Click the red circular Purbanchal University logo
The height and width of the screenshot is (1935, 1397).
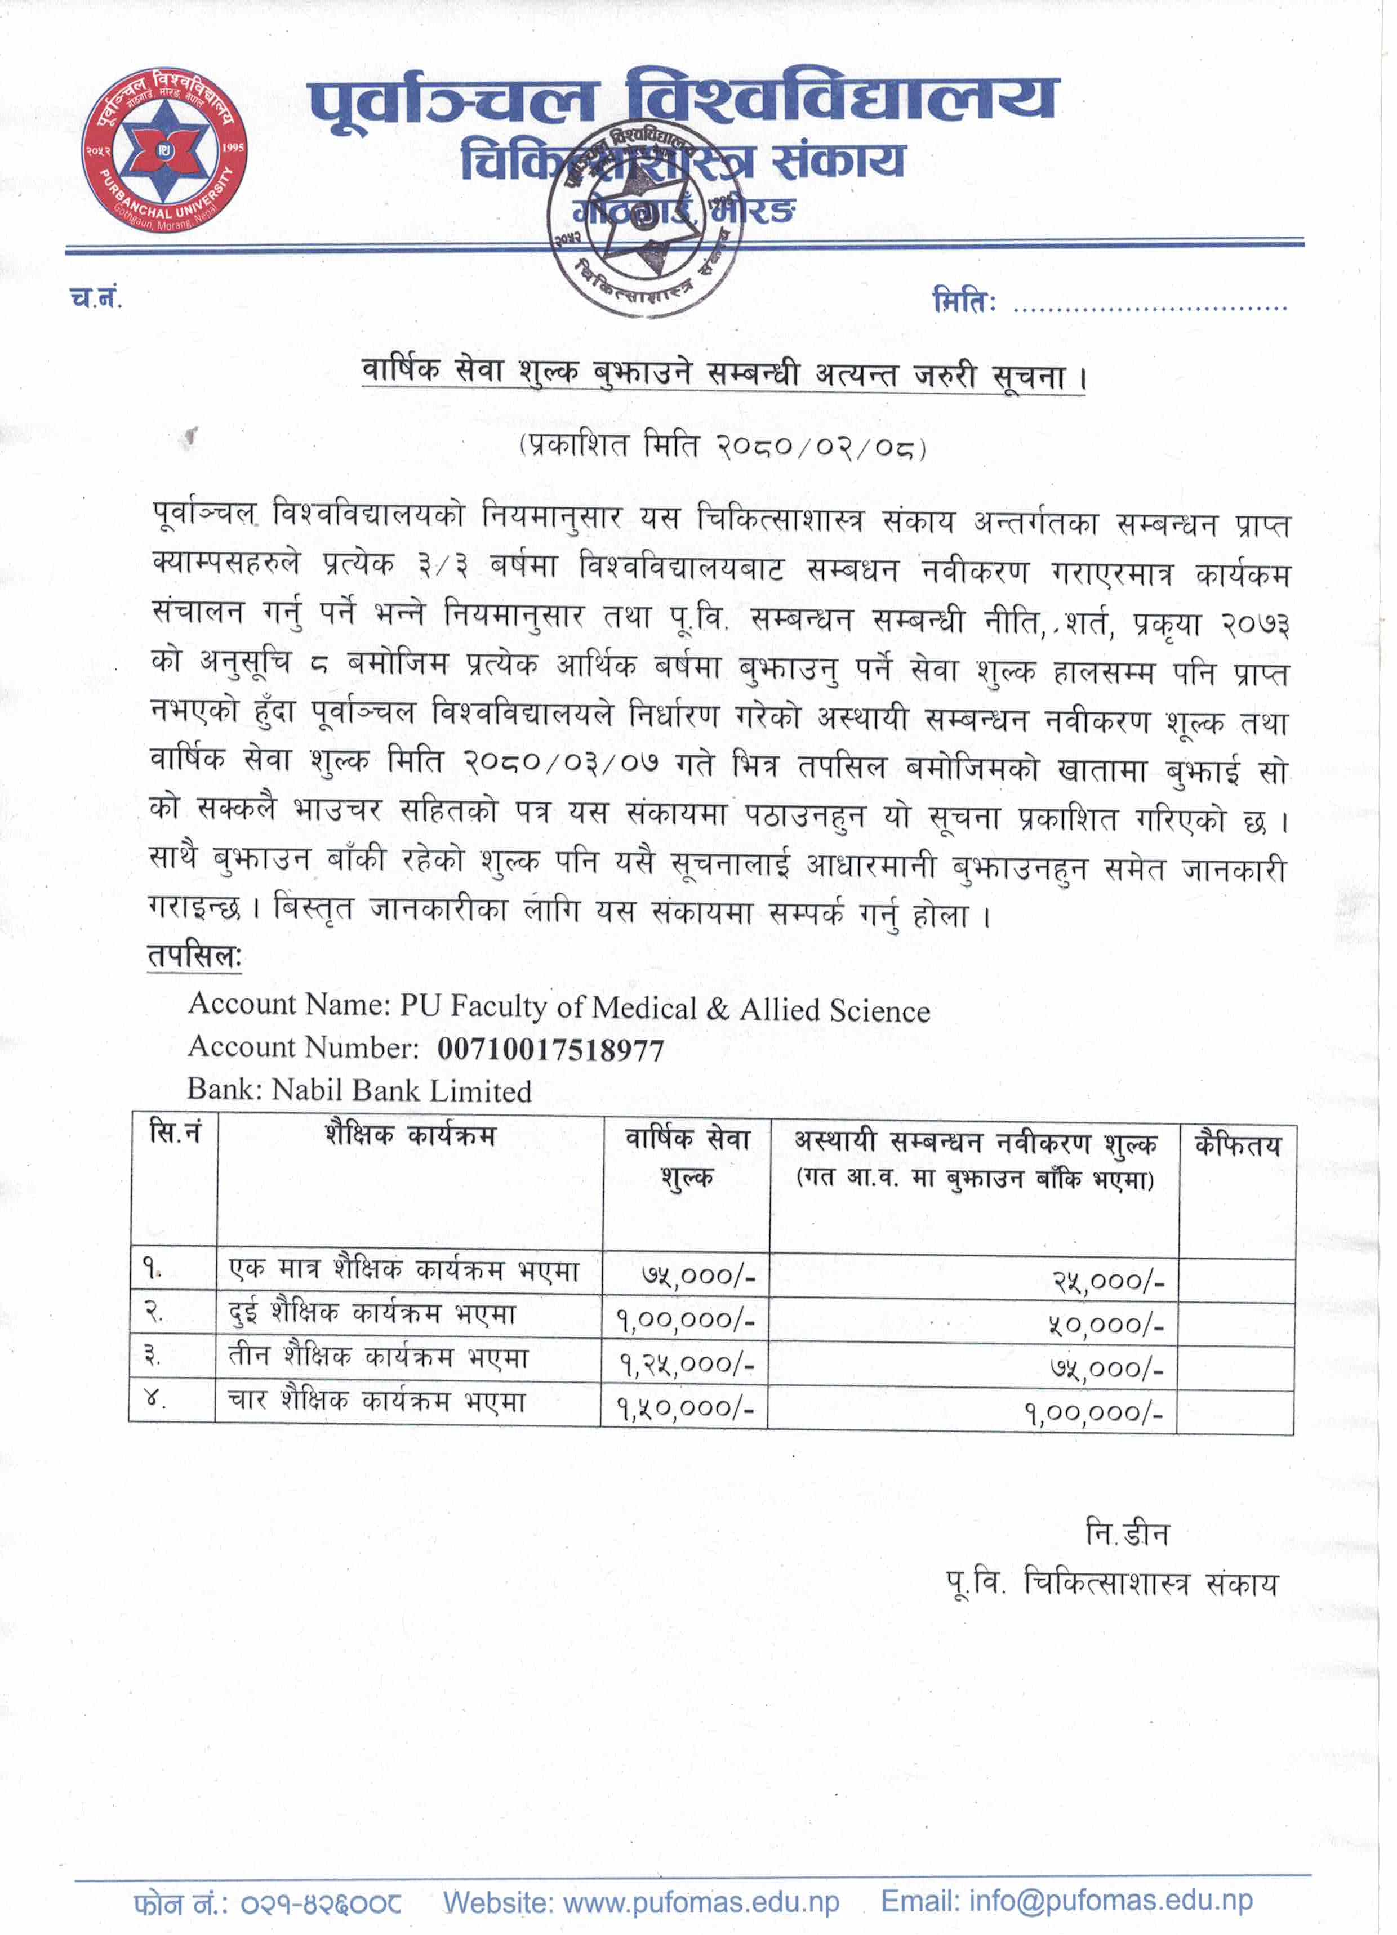point(164,151)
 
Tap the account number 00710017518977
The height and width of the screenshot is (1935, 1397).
point(550,1049)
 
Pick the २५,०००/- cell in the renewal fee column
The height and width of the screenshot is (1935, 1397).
point(1107,1281)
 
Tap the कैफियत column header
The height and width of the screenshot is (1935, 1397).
point(1238,1145)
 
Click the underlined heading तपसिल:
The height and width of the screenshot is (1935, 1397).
point(194,956)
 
